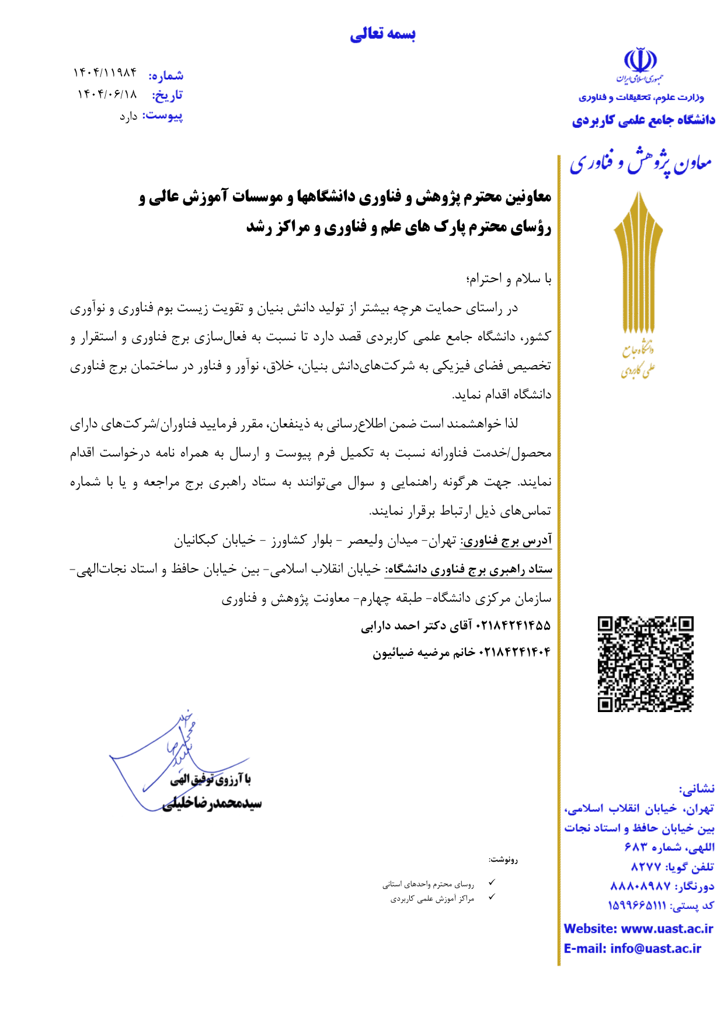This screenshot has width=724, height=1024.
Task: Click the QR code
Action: point(645,664)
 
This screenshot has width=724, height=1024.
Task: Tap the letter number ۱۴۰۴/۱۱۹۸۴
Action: point(105,72)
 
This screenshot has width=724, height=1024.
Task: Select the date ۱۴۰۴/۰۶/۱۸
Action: point(107,94)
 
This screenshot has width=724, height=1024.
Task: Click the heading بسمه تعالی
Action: point(382,34)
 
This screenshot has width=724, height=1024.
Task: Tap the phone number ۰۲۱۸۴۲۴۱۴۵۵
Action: point(513,626)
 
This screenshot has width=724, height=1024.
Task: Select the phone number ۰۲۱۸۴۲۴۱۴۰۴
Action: point(514,652)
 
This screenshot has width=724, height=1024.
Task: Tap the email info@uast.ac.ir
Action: point(655,949)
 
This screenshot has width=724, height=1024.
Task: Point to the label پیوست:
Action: point(162,115)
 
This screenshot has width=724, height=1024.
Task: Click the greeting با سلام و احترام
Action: point(509,279)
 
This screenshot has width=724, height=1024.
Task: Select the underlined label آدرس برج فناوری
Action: point(506,541)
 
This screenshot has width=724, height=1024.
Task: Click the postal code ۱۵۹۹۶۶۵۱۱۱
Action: point(636,905)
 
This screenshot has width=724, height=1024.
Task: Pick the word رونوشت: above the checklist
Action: point(503,859)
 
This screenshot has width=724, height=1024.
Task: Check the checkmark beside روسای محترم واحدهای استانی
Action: point(492,883)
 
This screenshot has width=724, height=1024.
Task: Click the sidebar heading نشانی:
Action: point(696,789)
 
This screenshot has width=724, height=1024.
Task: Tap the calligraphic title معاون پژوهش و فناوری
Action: point(641,163)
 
